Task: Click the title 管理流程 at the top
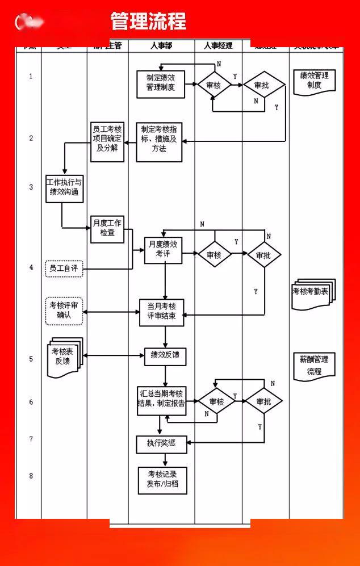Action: (148, 22)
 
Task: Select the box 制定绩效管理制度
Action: (161, 83)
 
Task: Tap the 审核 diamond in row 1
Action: (214, 85)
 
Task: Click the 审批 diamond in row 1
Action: (263, 85)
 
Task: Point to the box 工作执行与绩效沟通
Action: (64, 188)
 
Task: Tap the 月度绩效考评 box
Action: (164, 250)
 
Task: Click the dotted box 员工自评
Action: (64, 269)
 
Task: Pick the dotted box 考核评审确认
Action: (64, 311)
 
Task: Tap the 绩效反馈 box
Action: (165, 356)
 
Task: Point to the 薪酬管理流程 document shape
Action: (315, 366)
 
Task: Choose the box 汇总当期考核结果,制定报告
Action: (162, 400)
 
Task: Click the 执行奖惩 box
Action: (162, 443)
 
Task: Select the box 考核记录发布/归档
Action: (162, 480)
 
